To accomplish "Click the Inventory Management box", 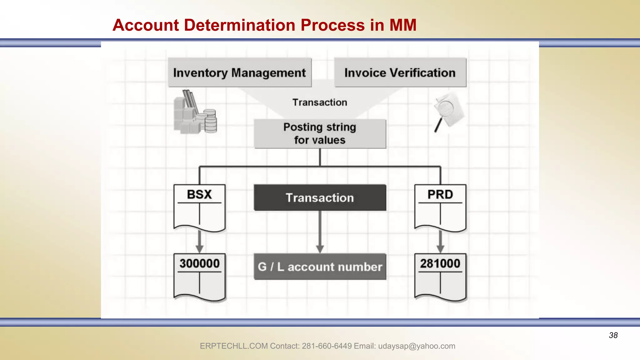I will [239, 72].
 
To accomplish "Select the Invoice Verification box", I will [400, 72].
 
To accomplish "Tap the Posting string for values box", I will [320, 134].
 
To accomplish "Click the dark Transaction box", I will [320, 198].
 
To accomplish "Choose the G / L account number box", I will [320, 267].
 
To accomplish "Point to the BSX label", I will [199, 194].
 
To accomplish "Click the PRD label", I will [440, 194].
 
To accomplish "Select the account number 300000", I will [199, 263].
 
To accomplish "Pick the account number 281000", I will [440, 263].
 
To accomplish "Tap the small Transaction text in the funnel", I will [320, 102].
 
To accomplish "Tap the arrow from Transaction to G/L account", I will [320, 233].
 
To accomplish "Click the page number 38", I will [613, 335].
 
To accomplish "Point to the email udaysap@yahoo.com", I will [417, 346].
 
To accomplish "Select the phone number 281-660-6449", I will [327, 346].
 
